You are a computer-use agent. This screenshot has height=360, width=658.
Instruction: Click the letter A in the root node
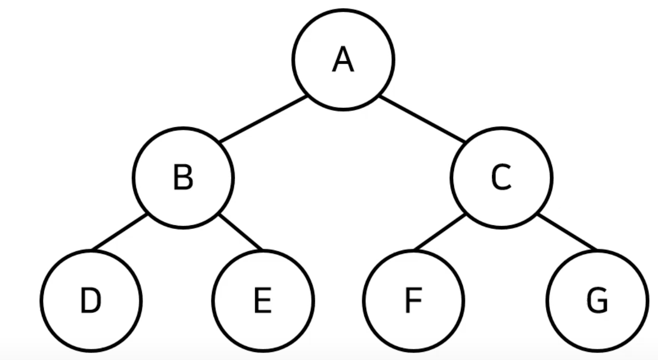pyautogui.click(x=343, y=59)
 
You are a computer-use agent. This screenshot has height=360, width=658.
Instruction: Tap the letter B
pyautogui.click(x=183, y=177)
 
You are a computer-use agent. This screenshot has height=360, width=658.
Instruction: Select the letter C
pyautogui.click(x=501, y=177)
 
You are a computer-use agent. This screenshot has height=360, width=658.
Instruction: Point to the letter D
pyautogui.click(x=91, y=300)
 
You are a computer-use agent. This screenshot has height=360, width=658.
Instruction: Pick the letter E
pyautogui.click(x=263, y=300)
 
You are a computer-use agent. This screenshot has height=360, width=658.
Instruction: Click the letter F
pyautogui.click(x=413, y=300)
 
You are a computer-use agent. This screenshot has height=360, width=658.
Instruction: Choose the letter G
pyautogui.click(x=597, y=300)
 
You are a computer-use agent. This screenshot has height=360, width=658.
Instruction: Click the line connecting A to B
pyautogui.click(x=263, y=119)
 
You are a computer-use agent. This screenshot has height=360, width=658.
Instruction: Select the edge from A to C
pyautogui.click(x=422, y=119)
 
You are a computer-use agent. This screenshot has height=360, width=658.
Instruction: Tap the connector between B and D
pyautogui.click(x=119, y=232)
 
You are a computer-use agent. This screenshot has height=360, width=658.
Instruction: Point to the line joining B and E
pyautogui.click(x=240, y=232)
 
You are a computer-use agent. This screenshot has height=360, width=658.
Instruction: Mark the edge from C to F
pyautogui.click(x=440, y=232)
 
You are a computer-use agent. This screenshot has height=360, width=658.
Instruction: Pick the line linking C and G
pyautogui.click(x=567, y=232)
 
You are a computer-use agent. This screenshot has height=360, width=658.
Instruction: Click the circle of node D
pyautogui.click(x=41, y=300)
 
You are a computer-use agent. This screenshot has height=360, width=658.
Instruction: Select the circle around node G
pyautogui.click(x=546, y=300)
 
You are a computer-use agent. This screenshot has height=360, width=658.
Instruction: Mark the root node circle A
pyautogui.click(x=293, y=60)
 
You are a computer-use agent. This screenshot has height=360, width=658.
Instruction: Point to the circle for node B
pyautogui.click(x=133, y=178)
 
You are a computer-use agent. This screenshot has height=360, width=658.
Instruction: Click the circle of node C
pyautogui.click(x=451, y=178)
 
